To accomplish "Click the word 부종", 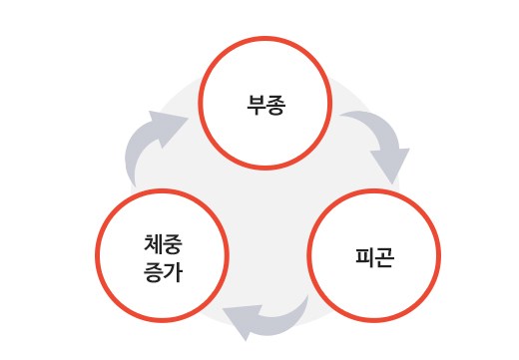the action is click(265, 105).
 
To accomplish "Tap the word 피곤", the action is click(374, 257).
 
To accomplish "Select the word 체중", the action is click(163, 244).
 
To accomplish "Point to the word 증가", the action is click(163, 272).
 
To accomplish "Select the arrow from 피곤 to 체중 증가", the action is click(272, 318).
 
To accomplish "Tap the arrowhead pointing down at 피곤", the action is click(391, 166).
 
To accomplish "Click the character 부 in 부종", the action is click(257, 105).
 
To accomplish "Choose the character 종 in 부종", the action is click(275, 105).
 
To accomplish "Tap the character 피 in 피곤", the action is click(365, 257).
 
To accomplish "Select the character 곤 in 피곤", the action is click(384, 257).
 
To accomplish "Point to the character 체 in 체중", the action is click(154, 244).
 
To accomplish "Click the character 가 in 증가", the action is click(173, 272).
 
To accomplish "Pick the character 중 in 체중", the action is click(173, 244).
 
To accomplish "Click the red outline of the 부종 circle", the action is click(265, 38).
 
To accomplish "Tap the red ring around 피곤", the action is click(374, 190).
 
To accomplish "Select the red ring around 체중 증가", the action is click(162, 190).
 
